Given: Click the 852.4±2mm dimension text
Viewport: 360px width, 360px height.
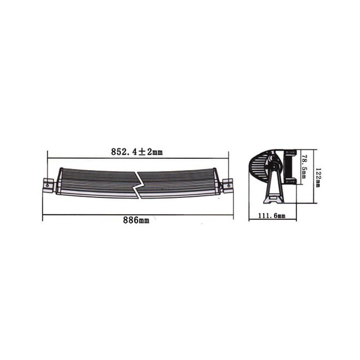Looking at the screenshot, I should [x=136, y=152].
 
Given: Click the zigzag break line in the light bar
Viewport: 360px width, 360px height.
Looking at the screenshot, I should [x=139, y=184].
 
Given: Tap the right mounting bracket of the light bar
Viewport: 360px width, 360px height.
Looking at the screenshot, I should [x=227, y=184].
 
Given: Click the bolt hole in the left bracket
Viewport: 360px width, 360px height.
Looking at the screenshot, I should [x=47, y=184].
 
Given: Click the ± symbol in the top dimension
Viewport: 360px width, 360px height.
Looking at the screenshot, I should [x=141, y=152].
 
